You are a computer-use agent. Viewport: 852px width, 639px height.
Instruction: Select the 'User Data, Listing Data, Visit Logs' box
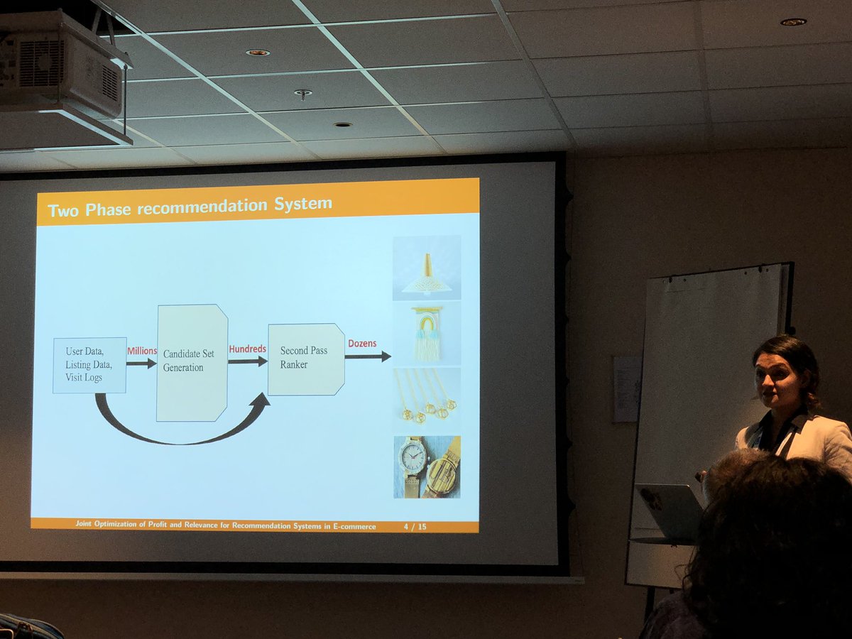[89, 365]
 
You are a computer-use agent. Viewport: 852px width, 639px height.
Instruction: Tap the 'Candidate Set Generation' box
[192, 362]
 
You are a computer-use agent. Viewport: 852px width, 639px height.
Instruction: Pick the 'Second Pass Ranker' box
[306, 359]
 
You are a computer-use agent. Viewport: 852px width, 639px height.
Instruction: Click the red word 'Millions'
[142, 351]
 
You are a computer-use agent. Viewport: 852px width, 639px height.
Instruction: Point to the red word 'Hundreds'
[247, 349]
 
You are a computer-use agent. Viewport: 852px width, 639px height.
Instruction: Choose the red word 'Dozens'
[362, 344]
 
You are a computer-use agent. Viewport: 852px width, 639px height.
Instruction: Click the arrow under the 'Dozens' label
[368, 356]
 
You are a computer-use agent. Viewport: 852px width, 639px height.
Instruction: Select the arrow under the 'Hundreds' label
[248, 361]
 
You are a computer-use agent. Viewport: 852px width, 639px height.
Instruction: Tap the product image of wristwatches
[427, 466]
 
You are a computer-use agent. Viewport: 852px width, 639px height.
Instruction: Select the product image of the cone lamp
[427, 268]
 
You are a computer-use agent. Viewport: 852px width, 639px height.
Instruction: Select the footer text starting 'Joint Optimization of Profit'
[226, 525]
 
